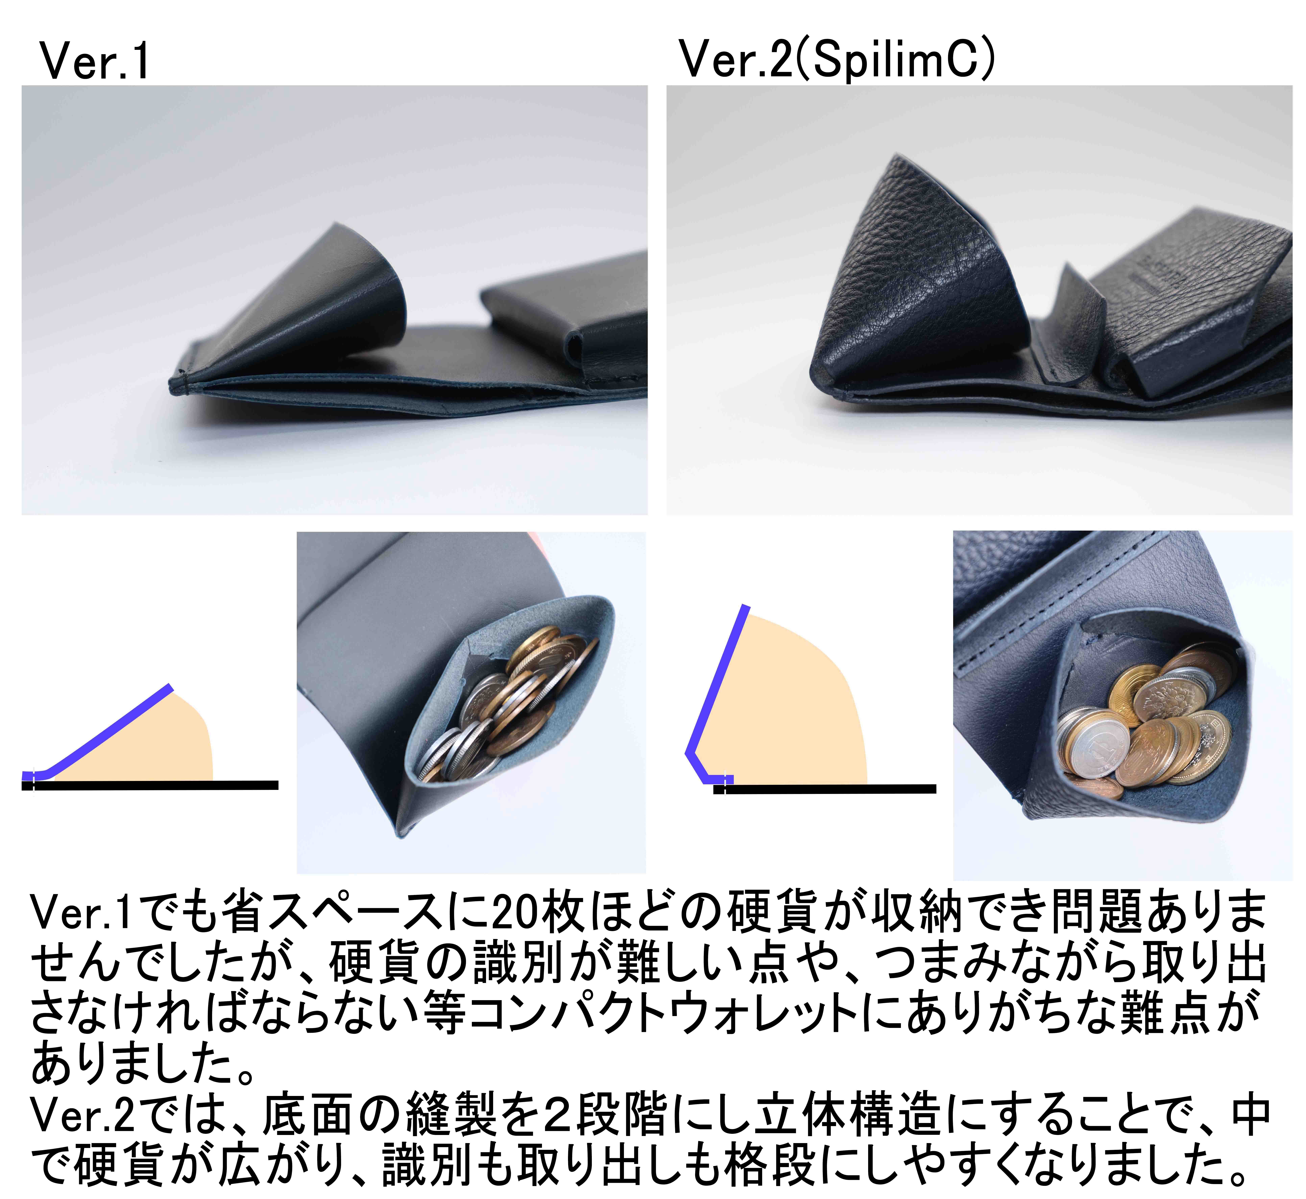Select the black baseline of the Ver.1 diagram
pos(156,785)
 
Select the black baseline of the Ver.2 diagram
pos(831,789)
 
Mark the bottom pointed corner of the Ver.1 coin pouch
pos(401,835)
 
